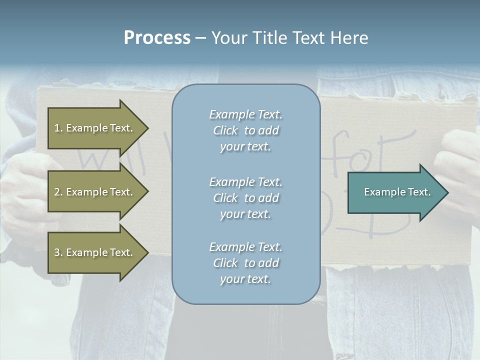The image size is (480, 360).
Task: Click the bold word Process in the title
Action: (x=157, y=38)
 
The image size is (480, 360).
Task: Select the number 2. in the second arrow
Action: (x=58, y=192)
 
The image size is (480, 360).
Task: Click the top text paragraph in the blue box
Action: (x=245, y=130)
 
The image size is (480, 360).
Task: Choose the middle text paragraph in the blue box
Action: (x=245, y=198)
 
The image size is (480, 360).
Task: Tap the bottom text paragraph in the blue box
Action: (x=245, y=263)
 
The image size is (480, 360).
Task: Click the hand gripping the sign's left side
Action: (x=25, y=200)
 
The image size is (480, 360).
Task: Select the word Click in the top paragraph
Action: (x=225, y=130)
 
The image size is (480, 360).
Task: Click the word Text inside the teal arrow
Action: (x=419, y=192)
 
